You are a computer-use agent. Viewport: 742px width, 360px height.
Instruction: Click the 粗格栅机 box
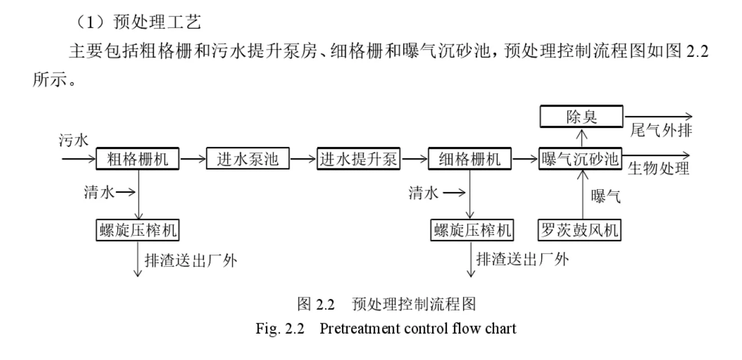click(138, 159)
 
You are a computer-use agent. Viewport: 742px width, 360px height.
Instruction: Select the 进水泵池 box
click(248, 159)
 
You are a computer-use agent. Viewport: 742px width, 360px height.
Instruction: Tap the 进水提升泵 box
click(358, 159)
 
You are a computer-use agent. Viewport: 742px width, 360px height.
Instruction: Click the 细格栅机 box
click(469, 159)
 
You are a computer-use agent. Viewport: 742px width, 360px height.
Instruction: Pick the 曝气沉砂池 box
click(580, 159)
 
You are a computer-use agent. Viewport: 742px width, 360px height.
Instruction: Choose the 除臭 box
click(581, 117)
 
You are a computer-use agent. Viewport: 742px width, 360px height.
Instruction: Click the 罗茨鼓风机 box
click(580, 230)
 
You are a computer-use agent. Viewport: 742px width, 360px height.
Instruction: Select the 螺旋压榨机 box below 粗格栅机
click(138, 230)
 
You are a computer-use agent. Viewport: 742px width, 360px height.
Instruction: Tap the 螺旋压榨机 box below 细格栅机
click(470, 230)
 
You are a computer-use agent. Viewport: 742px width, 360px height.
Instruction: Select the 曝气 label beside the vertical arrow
click(606, 196)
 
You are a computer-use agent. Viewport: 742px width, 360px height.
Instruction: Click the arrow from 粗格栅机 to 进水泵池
click(193, 159)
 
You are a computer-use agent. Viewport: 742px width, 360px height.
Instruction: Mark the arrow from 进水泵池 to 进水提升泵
click(303, 159)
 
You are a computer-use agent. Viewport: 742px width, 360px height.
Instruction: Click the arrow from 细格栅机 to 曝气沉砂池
click(525, 159)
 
